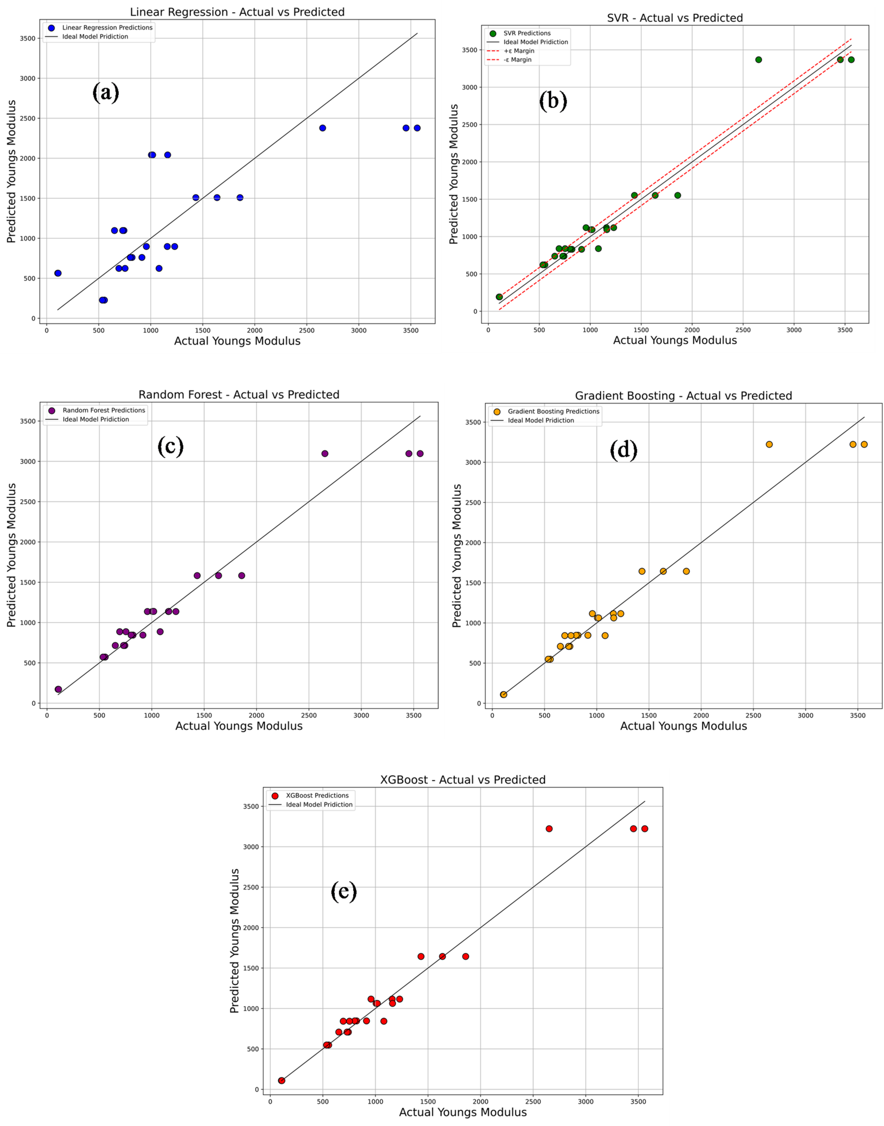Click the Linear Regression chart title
[x=237, y=12]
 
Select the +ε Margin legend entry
[x=519, y=51]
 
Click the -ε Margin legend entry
[x=517, y=60]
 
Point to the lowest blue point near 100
[x=58, y=273]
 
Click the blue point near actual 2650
[x=322, y=128]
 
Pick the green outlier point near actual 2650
[x=758, y=60]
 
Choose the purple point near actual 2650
[x=325, y=454]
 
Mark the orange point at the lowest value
[x=503, y=694]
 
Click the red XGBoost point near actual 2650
[x=549, y=829]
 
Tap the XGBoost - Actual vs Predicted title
[x=462, y=780]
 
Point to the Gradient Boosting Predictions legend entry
[x=553, y=412]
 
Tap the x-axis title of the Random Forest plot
[x=239, y=726]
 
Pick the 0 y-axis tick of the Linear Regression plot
[x=34, y=318]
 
